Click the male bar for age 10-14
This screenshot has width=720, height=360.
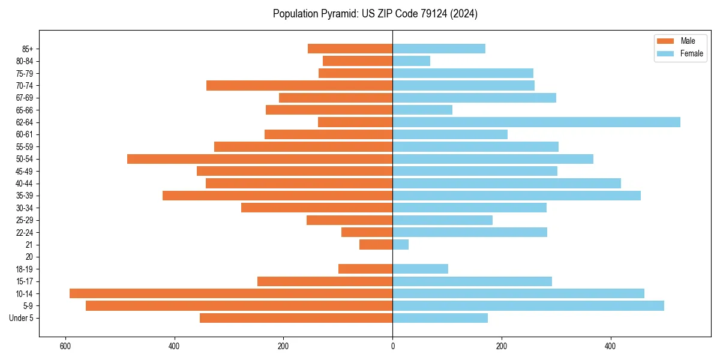coord(231,293)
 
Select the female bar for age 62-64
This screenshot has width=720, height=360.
coord(536,122)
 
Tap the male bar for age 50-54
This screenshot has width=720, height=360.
coord(260,159)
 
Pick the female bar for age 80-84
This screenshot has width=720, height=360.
coord(412,61)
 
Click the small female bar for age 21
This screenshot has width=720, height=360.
coord(401,245)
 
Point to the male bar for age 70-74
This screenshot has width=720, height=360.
coord(299,86)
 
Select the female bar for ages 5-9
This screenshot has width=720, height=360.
coord(528,306)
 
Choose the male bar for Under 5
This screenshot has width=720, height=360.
coord(296,318)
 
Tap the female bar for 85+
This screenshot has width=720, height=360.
coord(439,49)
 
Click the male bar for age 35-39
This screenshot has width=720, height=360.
coord(278,196)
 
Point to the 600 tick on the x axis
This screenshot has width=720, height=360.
coord(65,347)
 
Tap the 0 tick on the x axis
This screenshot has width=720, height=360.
coord(393,347)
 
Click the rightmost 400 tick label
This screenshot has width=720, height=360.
coord(611,347)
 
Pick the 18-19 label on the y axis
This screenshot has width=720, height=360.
coord(25,269)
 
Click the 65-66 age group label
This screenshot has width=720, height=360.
coord(25,110)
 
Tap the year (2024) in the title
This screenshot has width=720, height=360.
coord(466,14)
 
